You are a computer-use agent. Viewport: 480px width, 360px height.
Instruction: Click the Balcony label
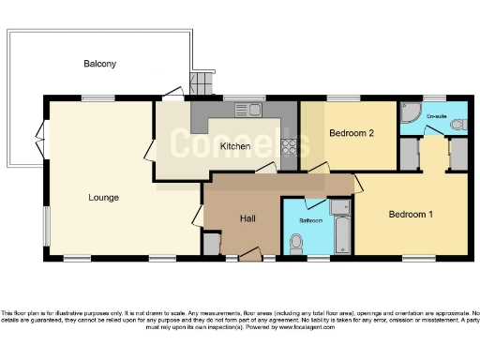coord(99,64)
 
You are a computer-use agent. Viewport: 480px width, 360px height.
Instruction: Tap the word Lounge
coord(103,197)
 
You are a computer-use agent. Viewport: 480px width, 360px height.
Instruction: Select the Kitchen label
coord(233,147)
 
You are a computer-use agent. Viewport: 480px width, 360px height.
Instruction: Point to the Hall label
coord(247,217)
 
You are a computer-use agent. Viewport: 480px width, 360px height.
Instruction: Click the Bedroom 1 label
coord(412,215)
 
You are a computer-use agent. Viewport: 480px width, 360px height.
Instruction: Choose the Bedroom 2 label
coord(352,133)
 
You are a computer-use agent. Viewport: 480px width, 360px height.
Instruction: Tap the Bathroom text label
coord(310,220)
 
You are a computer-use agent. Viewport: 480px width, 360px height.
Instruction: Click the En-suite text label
coord(437,116)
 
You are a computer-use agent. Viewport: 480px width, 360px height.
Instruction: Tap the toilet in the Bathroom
coord(297,243)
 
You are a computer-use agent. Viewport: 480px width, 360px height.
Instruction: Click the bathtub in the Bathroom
coord(339,227)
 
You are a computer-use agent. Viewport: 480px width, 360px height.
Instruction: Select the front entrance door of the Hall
coord(247,253)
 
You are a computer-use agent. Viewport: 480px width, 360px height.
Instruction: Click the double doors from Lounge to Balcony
coord(39,141)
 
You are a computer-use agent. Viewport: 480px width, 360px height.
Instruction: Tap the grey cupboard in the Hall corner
coord(212,245)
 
